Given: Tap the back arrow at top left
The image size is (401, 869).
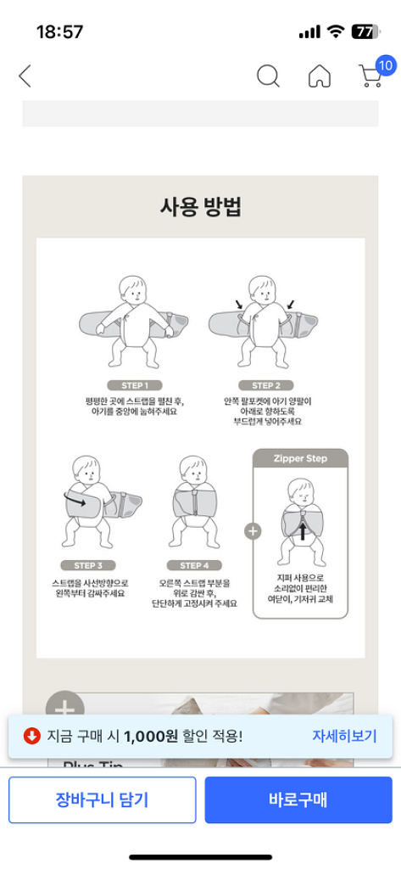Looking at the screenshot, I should point(25,76).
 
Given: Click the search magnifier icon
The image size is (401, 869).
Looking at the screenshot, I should point(268,76).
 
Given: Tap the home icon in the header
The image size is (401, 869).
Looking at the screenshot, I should point(320,76).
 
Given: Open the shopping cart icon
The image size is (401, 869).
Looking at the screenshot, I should point(370,77).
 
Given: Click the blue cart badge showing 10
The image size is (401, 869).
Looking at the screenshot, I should point(386,65).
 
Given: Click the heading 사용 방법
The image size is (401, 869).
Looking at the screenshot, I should point(201,207).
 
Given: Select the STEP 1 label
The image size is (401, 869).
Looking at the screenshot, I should point(135,384).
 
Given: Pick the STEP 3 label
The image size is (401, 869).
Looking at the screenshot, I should point(88,565).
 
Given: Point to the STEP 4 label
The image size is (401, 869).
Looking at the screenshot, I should point(194,565).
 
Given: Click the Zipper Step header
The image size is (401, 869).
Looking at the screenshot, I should point(301,458).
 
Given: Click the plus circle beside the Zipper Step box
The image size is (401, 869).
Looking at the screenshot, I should point(253,531).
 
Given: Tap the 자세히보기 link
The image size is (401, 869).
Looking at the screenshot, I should point(344,736).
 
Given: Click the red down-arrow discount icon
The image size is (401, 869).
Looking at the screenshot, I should point(31,736).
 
